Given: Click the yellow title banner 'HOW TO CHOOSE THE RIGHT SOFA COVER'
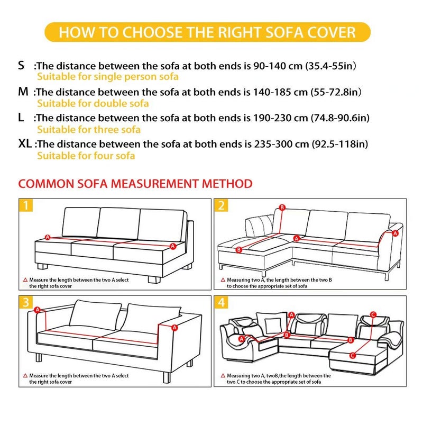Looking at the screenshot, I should pyautogui.click(x=207, y=32).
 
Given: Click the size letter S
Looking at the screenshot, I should pyautogui.click(x=21, y=66).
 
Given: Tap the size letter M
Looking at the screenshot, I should pyautogui.click(x=23, y=92).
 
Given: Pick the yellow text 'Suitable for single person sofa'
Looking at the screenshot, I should pyautogui.click(x=107, y=77).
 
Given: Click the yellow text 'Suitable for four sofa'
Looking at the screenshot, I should pyautogui.click(x=86, y=156).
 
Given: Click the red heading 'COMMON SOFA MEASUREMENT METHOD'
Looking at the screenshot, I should pyautogui.click(x=135, y=184).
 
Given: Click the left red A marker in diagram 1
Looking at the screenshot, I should pyautogui.click(x=48, y=237).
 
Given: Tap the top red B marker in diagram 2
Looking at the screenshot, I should pyautogui.click(x=282, y=207).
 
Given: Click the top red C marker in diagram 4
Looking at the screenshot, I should pyautogui.click(x=373, y=314).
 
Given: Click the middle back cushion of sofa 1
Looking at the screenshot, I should pyautogui.click(x=119, y=223).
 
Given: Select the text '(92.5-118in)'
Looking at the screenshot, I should pyautogui.click(x=342, y=144).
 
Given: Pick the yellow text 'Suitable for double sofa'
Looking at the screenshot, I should pyautogui.click(x=93, y=103).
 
